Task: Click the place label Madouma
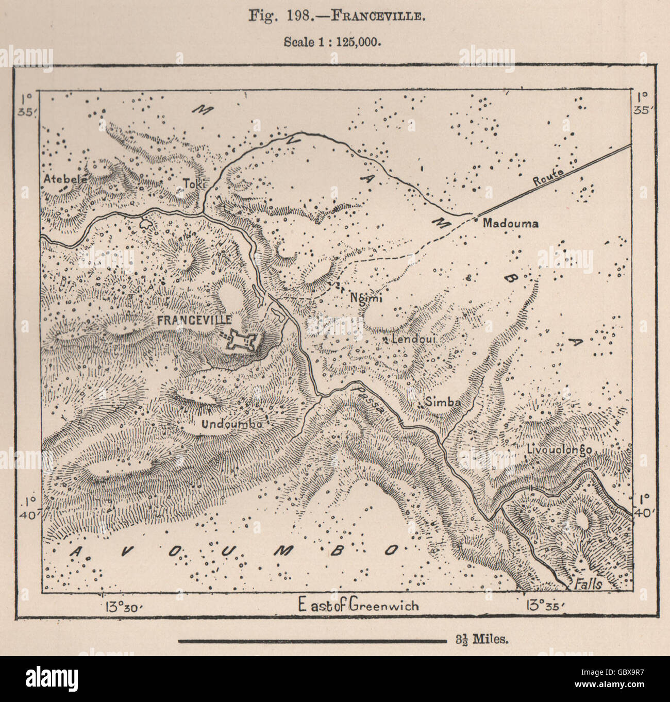coord(511,223)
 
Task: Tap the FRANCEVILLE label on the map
coord(194,320)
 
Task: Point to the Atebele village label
coord(65,179)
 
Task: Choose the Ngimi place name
coord(361,297)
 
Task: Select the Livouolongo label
coord(559,449)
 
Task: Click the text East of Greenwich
coord(358,605)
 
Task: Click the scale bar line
coord(312,641)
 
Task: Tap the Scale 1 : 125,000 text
coord(332,42)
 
